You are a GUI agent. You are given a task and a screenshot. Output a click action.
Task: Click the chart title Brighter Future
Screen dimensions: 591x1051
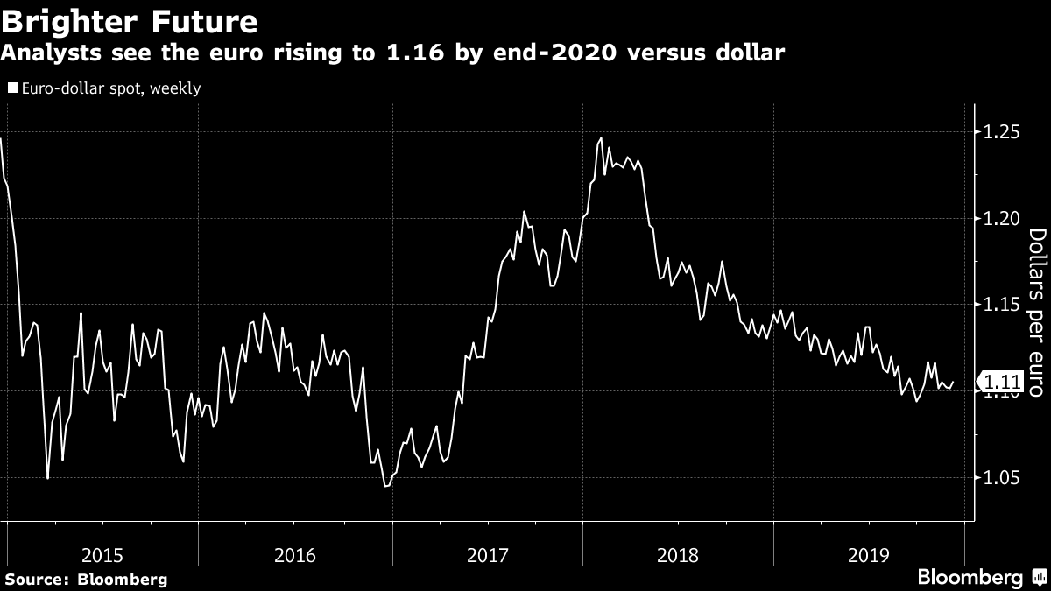coord(129,19)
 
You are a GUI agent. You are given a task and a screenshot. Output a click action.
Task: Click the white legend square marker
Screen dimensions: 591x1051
coord(11,88)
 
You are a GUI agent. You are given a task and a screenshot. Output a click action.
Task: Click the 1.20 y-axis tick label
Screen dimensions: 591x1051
coord(999,218)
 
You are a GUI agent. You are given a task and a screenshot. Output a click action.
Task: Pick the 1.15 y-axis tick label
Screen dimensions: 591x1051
coord(999,305)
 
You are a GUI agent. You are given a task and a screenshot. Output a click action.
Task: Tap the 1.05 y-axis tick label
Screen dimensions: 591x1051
coord(999,478)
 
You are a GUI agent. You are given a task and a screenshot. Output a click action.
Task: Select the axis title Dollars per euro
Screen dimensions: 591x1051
coord(1036,313)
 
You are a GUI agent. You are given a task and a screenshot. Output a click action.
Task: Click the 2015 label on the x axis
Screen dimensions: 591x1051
coord(102,554)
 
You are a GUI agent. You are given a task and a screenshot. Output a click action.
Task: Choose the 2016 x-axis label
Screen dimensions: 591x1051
coord(295,554)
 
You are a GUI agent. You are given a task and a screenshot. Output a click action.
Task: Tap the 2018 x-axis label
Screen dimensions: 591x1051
coord(679,554)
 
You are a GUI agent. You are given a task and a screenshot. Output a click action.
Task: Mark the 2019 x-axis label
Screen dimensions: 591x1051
coord(870,554)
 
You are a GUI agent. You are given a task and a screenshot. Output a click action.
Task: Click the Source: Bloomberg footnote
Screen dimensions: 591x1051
coord(86,580)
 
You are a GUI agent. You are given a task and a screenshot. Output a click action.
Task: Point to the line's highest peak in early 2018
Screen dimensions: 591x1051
coord(601,138)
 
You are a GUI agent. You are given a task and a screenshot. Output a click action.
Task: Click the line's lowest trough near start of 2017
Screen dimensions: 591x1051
coord(386,486)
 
